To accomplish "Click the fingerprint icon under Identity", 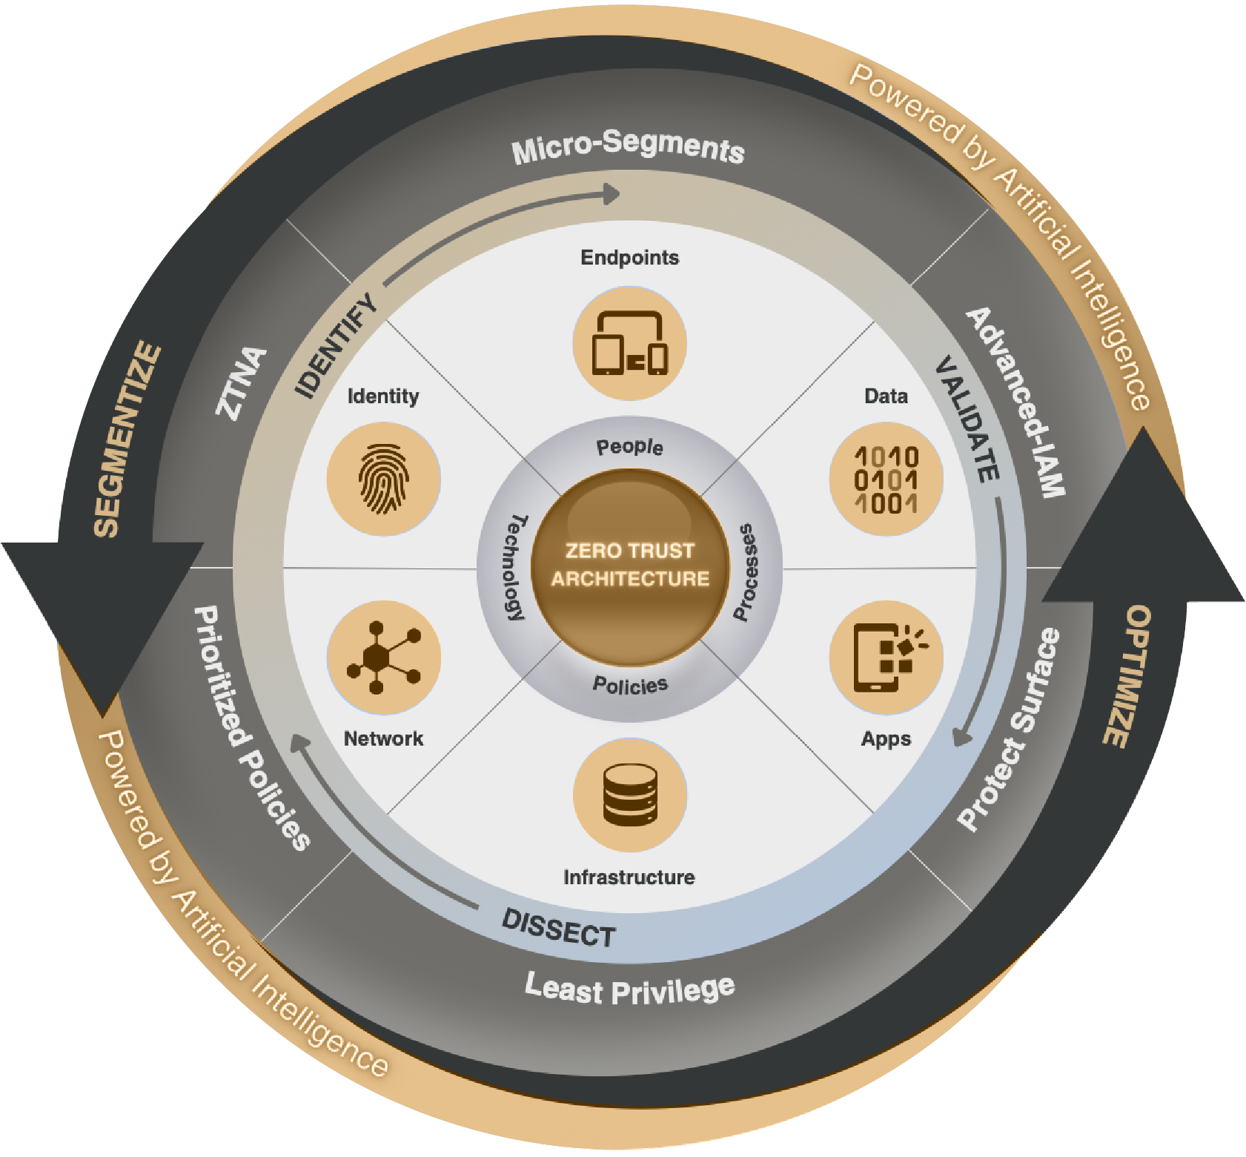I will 383,480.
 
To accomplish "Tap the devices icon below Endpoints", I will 629,344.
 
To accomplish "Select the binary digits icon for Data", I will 886,480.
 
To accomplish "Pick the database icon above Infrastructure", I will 629,795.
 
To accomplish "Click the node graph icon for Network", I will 383,657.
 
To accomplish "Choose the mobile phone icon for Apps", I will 886,657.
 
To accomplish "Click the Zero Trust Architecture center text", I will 629,565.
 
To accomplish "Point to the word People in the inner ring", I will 629,447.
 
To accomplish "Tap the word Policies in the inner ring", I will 629,685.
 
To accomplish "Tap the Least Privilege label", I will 629,989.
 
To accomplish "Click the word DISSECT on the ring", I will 559,928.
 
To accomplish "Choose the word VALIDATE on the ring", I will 967,418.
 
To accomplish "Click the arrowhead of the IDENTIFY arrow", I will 612,194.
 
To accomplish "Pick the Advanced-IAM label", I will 1016,401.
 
